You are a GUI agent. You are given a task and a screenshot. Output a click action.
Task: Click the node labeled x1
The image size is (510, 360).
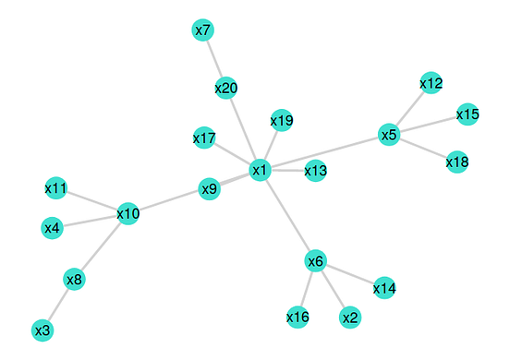pos(260,170)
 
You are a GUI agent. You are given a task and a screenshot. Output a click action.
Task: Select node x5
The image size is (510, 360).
pos(389,135)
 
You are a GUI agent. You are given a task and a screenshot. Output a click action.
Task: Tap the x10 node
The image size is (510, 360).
pos(128,214)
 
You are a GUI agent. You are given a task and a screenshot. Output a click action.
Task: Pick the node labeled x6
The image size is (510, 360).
pos(315,261)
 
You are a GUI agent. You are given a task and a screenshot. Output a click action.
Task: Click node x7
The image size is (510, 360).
pos(203,30)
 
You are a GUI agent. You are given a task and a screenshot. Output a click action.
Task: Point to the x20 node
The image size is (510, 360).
pos(226,89)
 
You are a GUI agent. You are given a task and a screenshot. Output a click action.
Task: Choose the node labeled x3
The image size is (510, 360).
pos(42,330)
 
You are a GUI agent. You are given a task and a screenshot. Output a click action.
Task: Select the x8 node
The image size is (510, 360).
pos(74,278)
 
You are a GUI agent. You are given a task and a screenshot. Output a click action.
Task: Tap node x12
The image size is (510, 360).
pos(431,83)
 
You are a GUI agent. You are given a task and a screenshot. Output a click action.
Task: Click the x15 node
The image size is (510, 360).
pos(467,114)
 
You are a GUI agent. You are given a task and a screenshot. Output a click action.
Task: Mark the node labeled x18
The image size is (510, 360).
pos(456,162)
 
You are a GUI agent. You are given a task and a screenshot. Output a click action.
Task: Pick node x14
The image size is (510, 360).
pos(384,289)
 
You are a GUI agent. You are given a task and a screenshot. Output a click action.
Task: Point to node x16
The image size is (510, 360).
pos(297,318)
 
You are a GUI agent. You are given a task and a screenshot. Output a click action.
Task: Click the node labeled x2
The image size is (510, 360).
pos(349,318)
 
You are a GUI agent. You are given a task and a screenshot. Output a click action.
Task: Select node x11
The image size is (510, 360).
pos(56,188)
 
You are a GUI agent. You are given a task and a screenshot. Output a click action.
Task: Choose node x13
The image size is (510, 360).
pos(315,171)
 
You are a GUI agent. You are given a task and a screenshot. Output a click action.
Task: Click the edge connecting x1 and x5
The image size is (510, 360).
pos(324,152)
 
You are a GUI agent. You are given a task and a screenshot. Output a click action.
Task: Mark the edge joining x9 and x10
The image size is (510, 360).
pos(169,202)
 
